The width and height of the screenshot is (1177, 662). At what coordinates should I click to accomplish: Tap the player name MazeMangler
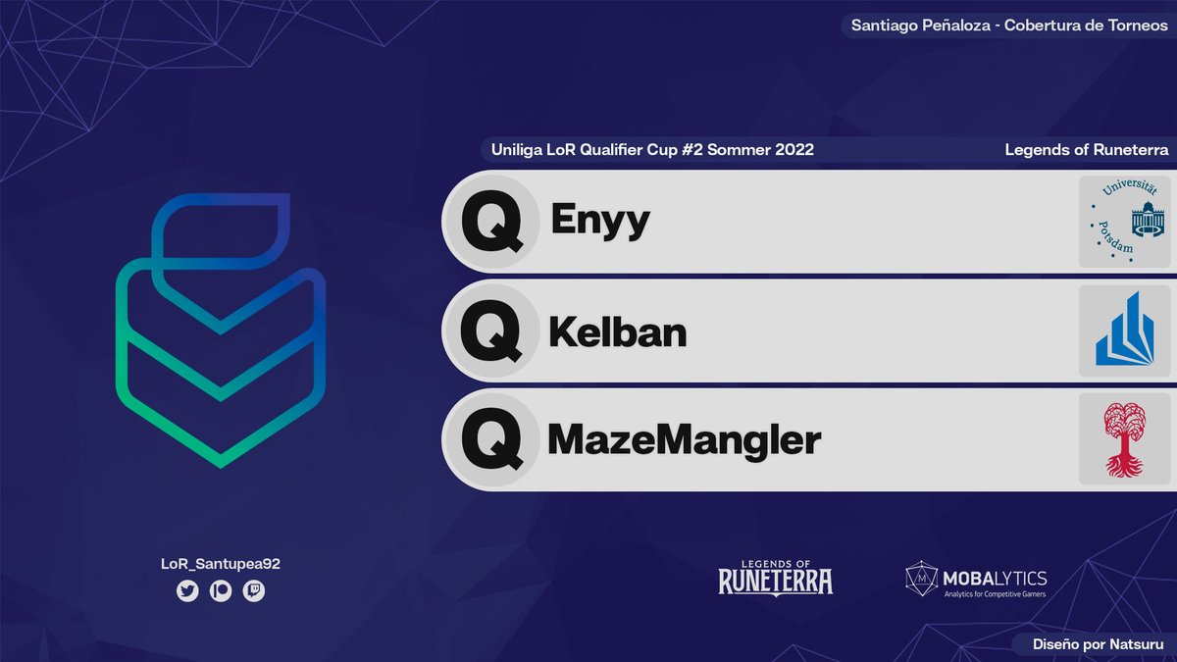(684, 440)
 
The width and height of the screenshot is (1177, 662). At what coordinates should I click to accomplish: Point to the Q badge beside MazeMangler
(491, 441)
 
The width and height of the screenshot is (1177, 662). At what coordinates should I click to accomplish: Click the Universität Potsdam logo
(1124, 222)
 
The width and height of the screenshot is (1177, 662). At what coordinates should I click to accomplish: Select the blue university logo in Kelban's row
(1124, 331)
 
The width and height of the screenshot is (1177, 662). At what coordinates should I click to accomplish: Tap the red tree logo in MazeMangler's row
(1124, 440)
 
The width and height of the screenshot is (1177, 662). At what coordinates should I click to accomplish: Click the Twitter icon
(187, 591)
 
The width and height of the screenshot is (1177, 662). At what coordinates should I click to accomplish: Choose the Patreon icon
(221, 591)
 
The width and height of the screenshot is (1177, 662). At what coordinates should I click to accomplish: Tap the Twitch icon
(254, 591)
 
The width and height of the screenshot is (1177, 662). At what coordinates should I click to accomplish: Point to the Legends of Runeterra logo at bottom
(775, 577)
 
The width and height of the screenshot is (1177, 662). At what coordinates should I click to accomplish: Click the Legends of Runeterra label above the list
(1087, 150)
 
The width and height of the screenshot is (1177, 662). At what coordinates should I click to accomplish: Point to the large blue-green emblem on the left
(221, 329)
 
